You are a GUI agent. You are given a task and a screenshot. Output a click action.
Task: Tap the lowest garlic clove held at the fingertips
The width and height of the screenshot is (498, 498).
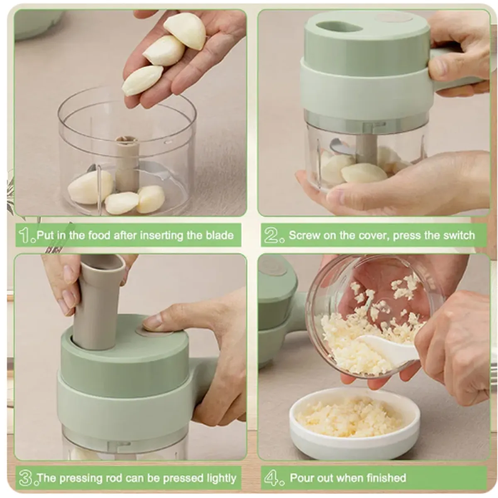[x=142, y=80]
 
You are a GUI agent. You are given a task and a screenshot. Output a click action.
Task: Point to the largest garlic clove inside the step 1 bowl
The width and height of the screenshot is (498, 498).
[x=90, y=187]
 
